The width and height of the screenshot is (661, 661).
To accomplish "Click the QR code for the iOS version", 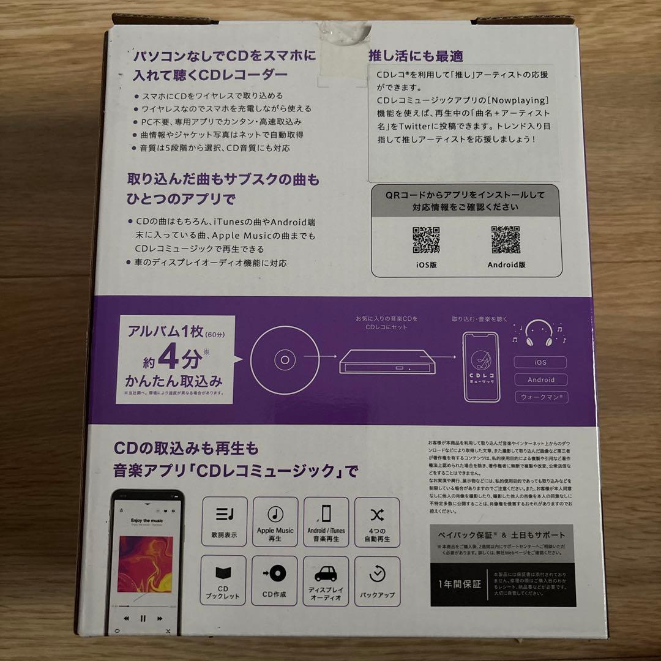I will tap(426, 241).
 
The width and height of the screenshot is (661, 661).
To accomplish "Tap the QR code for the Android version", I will tap(506, 240).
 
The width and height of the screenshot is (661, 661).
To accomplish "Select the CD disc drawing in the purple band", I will tap(284, 359).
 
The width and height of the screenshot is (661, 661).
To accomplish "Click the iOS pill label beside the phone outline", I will tap(540, 362).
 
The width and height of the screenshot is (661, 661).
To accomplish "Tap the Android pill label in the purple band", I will tap(540, 379).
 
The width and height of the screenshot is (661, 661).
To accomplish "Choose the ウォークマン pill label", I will tap(540, 397).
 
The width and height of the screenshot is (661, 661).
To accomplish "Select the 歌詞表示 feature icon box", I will tap(222, 521).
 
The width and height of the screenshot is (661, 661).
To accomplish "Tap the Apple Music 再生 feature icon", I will tap(275, 521).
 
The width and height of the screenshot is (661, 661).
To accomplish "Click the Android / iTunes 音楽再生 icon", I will tap(326, 521).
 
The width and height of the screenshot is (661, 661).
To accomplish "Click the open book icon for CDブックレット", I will tap(222, 574).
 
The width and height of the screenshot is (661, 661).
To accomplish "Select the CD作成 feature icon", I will tap(274, 574).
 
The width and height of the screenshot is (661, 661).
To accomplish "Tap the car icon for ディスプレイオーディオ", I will tap(326, 574).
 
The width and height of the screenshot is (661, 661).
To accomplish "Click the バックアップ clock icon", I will tap(377, 574).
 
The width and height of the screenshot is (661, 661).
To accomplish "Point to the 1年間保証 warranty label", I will tap(458, 584).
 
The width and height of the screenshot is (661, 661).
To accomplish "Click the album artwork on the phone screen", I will tap(144, 564).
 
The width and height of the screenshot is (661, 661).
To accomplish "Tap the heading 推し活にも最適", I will tap(416, 56).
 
